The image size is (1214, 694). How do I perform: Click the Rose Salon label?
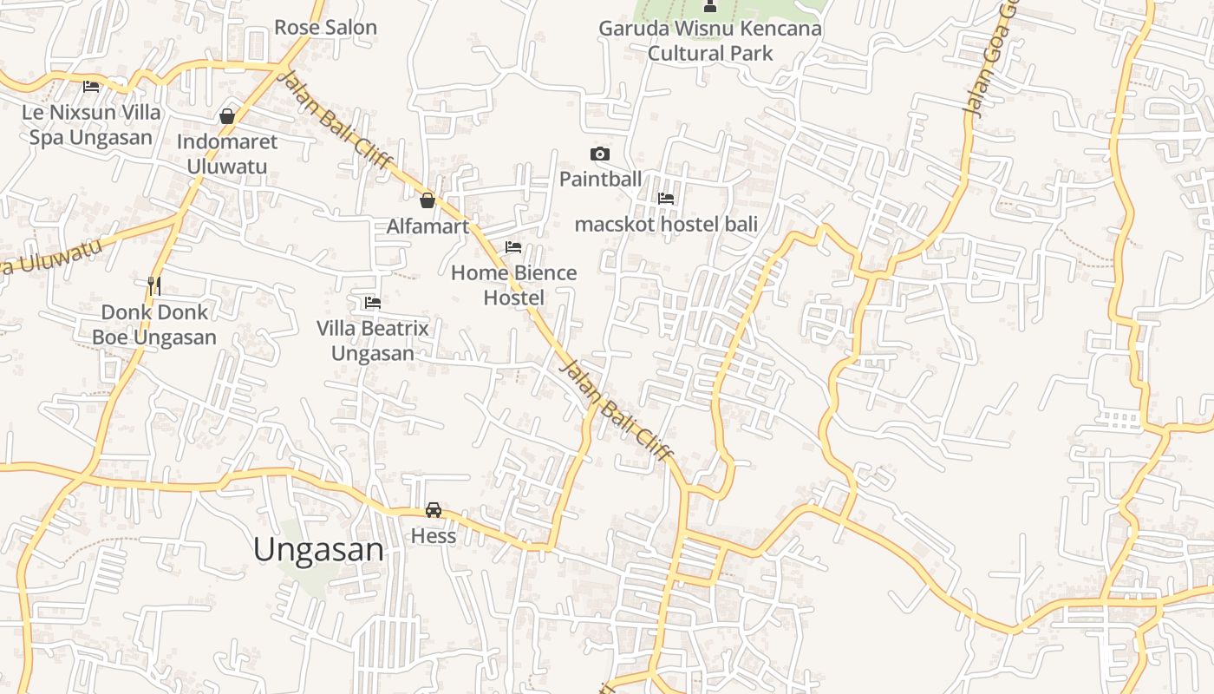pyautogui.click(x=325, y=27)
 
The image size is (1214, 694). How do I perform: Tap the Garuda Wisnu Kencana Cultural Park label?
pyautogui.click(x=710, y=41)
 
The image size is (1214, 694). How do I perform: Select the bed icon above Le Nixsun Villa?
pyautogui.click(x=91, y=86)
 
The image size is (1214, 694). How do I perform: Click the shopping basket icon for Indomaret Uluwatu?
pyautogui.click(x=227, y=116)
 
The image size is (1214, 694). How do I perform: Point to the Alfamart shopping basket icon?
pyautogui.click(x=428, y=201)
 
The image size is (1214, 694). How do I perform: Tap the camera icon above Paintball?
pyautogui.click(x=599, y=154)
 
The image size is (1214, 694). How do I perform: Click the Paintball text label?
pyautogui.click(x=600, y=179)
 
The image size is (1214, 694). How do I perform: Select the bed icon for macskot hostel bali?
pyautogui.click(x=666, y=199)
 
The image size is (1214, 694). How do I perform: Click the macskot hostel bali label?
pyautogui.click(x=666, y=224)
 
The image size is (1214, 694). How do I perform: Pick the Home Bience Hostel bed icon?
pyautogui.click(x=513, y=247)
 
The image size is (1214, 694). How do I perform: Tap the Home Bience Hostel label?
pyautogui.click(x=513, y=285)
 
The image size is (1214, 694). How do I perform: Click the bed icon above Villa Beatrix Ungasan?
pyautogui.click(x=373, y=303)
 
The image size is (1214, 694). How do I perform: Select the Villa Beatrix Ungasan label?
pyautogui.click(x=373, y=341)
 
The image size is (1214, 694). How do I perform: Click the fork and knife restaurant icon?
pyautogui.click(x=154, y=285)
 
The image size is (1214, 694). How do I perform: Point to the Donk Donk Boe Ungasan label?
pyautogui.click(x=154, y=324)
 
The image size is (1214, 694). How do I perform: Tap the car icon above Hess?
pyautogui.click(x=434, y=510)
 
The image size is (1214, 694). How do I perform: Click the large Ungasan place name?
pyautogui.click(x=318, y=549)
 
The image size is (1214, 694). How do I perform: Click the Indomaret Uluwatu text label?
pyautogui.click(x=227, y=154)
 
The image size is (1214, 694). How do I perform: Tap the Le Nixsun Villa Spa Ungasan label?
pyautogui.click(x=91, y=124)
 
